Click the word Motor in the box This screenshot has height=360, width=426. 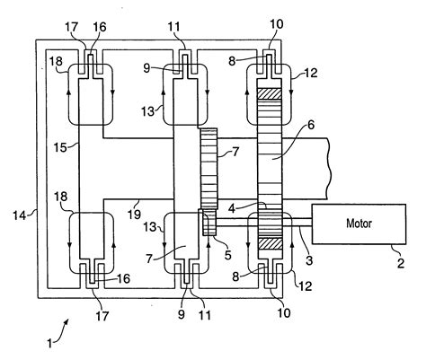pos(359,224)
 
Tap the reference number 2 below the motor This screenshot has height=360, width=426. pos(401,263)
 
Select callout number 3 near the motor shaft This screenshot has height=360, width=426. pos(309,259)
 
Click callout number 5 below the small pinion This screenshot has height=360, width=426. pos(228,255)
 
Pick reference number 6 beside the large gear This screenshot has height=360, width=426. pos(311,125)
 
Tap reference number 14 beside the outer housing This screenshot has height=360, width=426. pos(20,215)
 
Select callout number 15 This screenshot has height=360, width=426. pos(60,147)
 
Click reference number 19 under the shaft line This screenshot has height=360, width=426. pos(135,214)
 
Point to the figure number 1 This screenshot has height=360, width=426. pos(49,343)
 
